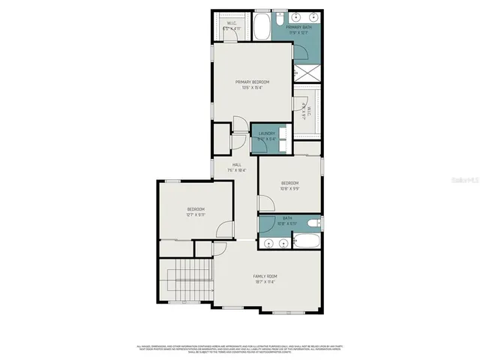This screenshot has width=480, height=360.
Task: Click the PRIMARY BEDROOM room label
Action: pos(252,82)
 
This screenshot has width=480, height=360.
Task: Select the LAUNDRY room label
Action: pos(267,133)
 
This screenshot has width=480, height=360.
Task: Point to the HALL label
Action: pos(236,164)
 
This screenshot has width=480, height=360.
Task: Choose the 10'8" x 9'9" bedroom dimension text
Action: pos(289,189)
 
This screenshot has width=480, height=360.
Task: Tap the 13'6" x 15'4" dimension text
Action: pos(252,88)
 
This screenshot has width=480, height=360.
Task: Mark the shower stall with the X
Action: pos(307,73)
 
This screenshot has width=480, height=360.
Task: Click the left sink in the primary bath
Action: pos(293,16)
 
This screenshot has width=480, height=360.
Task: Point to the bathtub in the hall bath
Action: pos(307,242)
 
